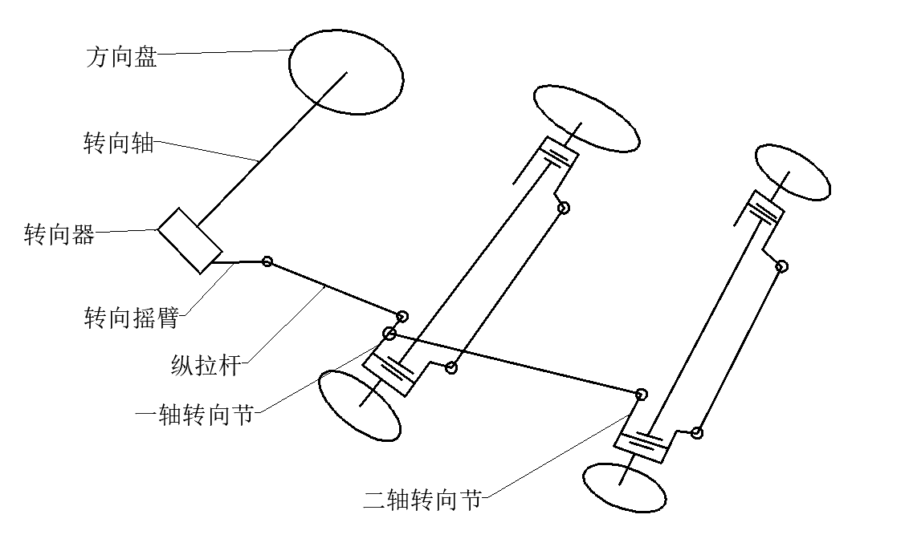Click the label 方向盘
click(122, 56)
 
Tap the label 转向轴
click(119, 142)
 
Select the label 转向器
click(59, 234)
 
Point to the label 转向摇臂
click(131, 318)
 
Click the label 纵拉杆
click(206, 366)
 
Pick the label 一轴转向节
click(194, 415)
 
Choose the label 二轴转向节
click(422, 500)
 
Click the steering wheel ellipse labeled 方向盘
click(346, 72)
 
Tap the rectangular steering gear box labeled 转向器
click(190, 241)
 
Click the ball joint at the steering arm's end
click(267, 261)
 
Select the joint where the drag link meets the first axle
click(402, 316)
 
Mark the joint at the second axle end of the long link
click(641, 395)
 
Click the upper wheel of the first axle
click(586, 119)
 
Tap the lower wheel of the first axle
click(360, 406)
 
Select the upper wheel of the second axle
click(793, 172)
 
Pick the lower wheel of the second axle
click(625, 488)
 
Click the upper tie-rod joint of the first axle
click(564, 208)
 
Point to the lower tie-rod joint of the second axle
click(697, 433)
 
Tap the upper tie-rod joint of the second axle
click(781, 266)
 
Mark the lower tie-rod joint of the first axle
click(451, 367)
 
